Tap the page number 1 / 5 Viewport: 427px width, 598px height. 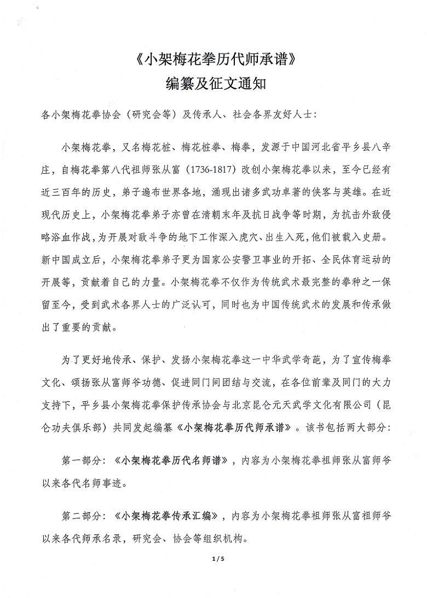point(214,559)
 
